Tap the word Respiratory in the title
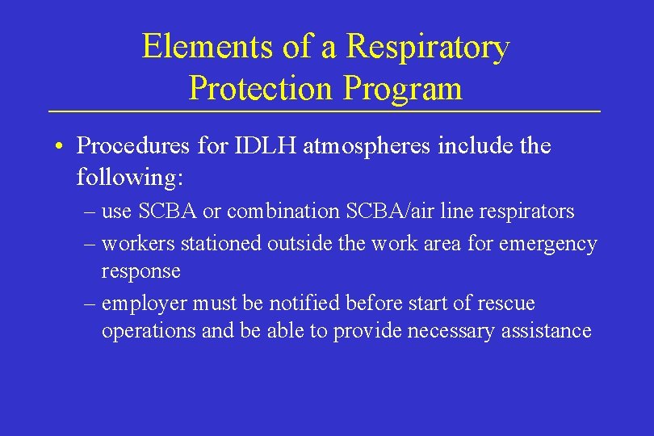pos(428,47)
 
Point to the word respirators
pos(524,212)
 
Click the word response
pos(140,271)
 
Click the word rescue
pos(505,304)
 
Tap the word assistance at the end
pos(545,331)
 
